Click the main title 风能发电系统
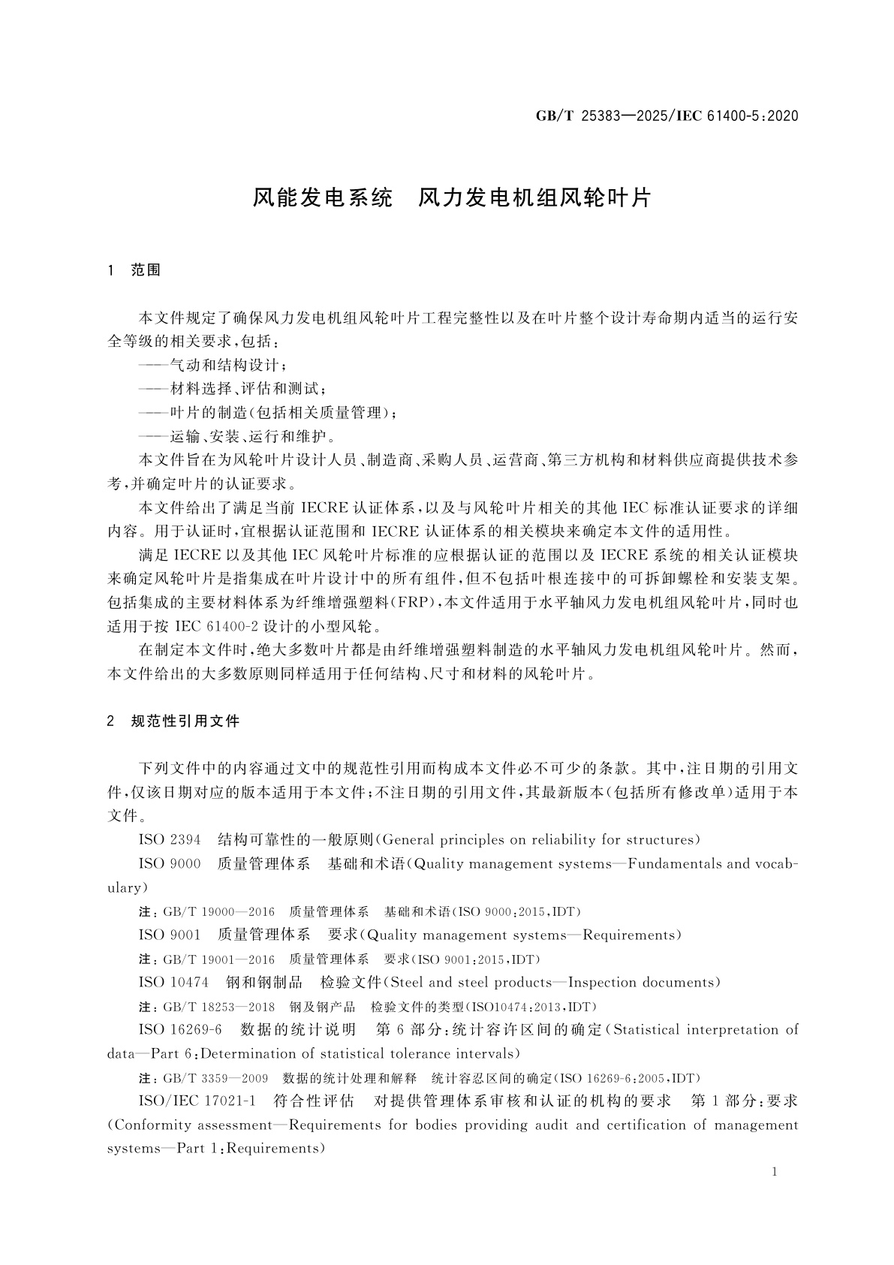coord(322,197)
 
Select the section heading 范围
coord(146,270)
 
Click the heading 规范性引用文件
coord(185,721)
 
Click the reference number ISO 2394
coord(170,839)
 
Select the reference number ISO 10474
coord(173,982)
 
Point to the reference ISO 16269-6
coord(180,1029)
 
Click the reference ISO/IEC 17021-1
coord(197,1101)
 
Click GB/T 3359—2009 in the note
coord(215,1078)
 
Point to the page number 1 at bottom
coord(774,1173)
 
